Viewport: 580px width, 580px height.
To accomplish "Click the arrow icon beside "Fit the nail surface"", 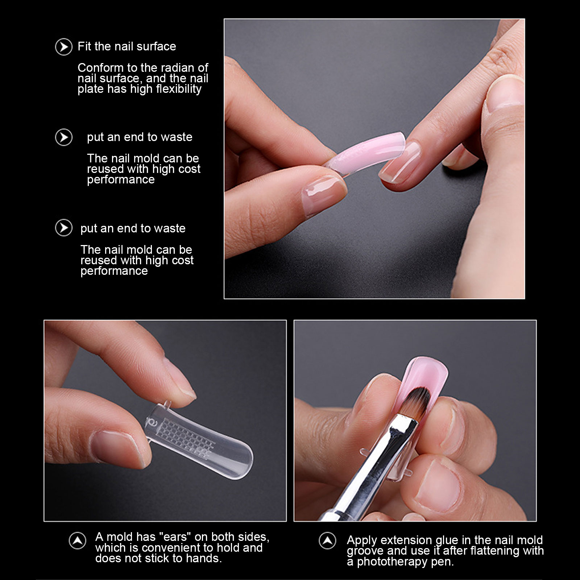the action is click(64, 47).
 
